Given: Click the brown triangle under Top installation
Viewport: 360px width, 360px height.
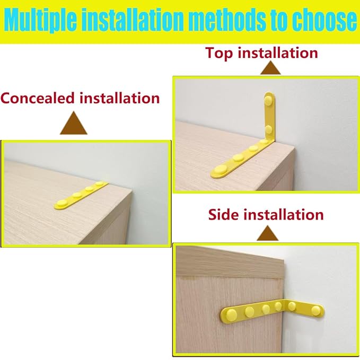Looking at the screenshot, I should click(x=272, y=69).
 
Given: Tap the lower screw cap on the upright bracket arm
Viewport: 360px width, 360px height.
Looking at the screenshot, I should click(x=269, y=129).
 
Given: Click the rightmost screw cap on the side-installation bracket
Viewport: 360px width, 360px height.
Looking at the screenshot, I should click(x=317, y=309).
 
